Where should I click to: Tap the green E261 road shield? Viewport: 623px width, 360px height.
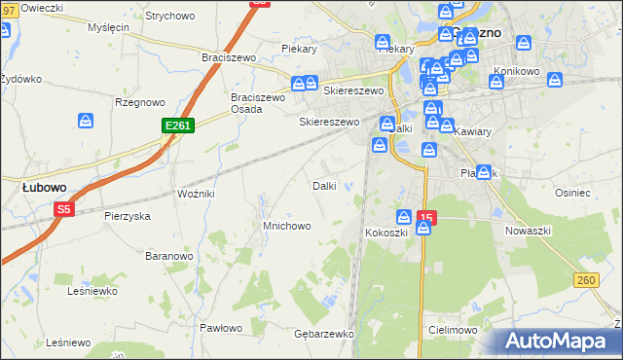click(178, 126)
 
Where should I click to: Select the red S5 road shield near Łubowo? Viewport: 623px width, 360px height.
click(64, 208)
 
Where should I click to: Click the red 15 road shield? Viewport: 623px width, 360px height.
click(425, 216)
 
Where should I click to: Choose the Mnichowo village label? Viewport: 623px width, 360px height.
click(287, 226)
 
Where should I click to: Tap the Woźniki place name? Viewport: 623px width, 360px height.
click(196, 194)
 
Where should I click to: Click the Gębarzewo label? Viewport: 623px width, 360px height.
click(323, 333)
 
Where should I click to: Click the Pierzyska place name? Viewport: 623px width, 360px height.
click(127, 216)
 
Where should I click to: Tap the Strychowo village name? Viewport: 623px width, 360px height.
click(170, 16)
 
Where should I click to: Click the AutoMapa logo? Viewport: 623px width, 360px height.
click(559, 342)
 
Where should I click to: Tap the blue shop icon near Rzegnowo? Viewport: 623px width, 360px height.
click(86, 121)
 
